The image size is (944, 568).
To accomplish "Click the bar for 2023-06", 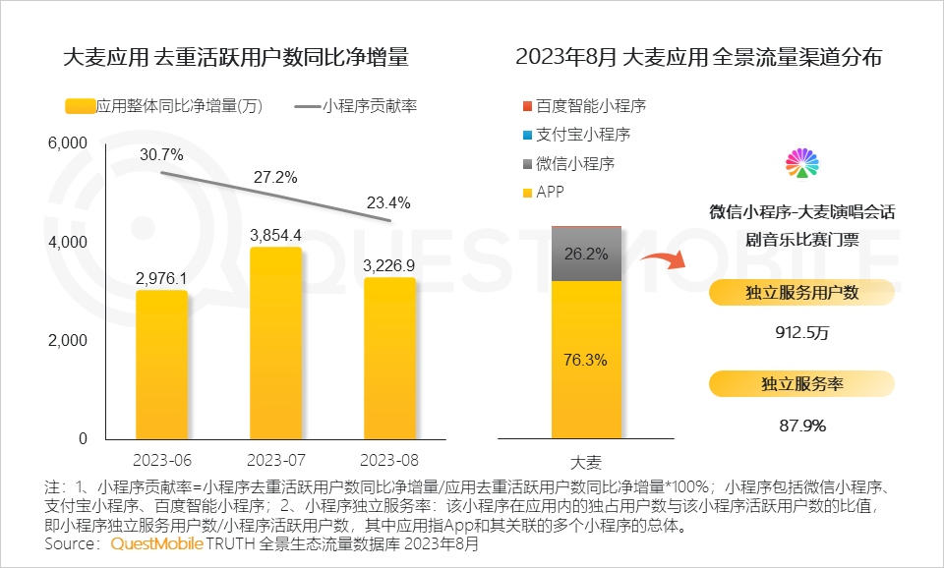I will pyautogui.click(x=161, y=365).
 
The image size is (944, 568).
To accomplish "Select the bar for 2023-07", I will pyautogui.click(x=275, y=343).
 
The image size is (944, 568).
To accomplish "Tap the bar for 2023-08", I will pyautogui.click(x=389, y=358).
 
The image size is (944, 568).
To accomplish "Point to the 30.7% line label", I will pyautogui.click(x=162, y=154).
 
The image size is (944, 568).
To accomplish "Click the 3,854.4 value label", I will pyautogui.click(x=275, y=235).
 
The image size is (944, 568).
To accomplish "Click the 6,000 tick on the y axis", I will pyautogui.click(x=68, y=143).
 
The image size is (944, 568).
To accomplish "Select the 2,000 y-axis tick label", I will pyautogui.click(x=68, y=340).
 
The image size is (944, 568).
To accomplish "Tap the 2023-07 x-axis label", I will pyautogui.click(x=275, y=460).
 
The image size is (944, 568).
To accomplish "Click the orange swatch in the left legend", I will pyautogui.click(x=79, y=106).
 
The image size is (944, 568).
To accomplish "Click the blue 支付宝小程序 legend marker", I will pyautogui.click(x=527, y=135).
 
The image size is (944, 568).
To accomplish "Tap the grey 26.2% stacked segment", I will pyautogui.click(x=586, y=255).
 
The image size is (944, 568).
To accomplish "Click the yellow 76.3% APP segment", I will pyautogui.click(x=586, y=360).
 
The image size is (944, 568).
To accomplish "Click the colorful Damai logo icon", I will pyautogui.click(x=802, y=164).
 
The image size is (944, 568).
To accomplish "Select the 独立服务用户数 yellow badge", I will pyautogui.click(x=801, y=292).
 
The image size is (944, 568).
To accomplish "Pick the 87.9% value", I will pyautogui.click(x=802, y=426).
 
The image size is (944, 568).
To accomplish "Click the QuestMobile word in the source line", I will pyautogui.click(x=157, y=543).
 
